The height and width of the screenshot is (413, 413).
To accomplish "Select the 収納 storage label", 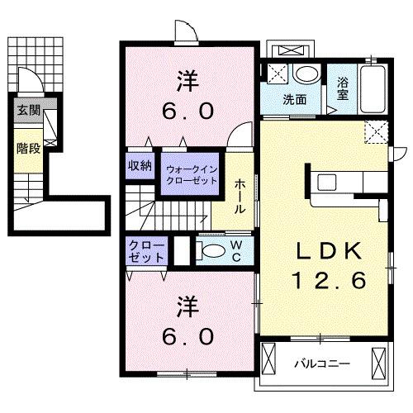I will pos(140,165).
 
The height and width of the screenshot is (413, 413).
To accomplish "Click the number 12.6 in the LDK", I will pos(328,281).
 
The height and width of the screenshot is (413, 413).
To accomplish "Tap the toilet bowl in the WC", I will pos(211,252).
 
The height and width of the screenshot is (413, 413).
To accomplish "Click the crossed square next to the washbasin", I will pos(278,74).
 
